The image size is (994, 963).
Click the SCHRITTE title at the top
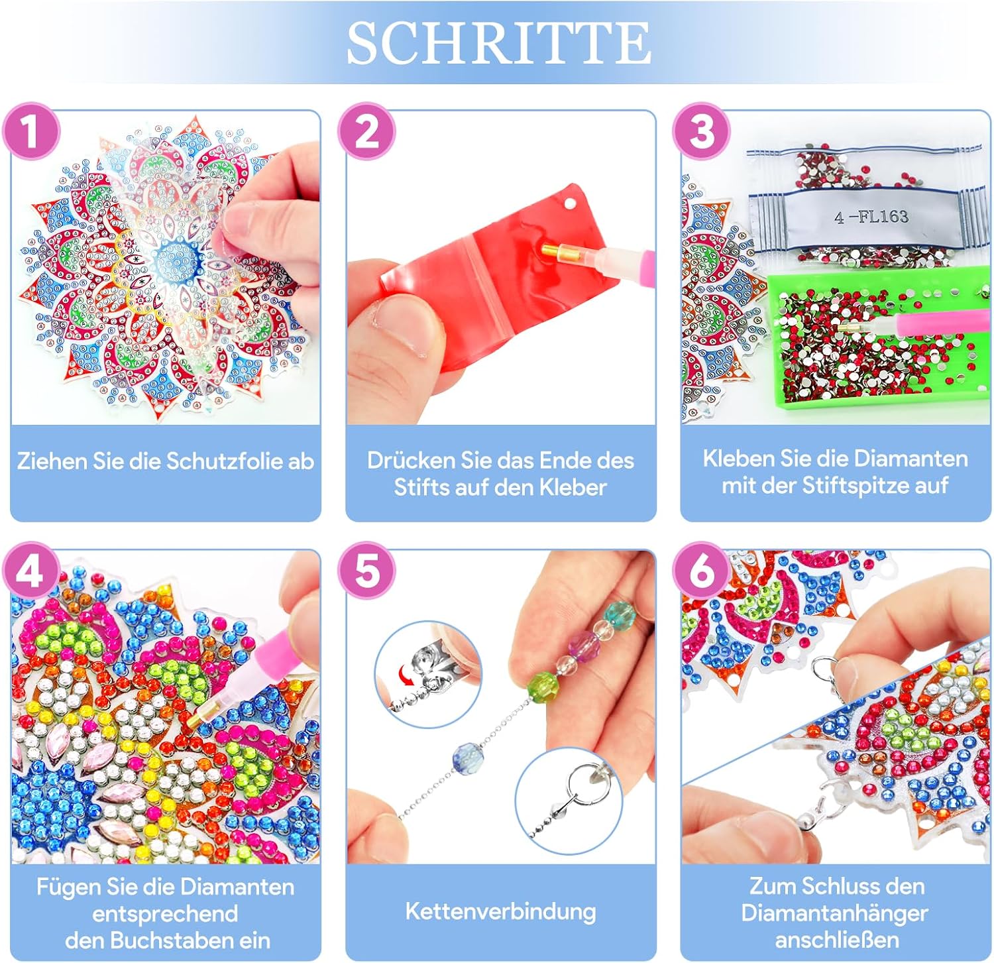pos(498,42)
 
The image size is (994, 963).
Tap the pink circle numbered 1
pos(31,132)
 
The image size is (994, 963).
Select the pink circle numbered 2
pos(366,132)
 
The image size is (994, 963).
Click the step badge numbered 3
pos(702,132)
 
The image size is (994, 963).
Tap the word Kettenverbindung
pos(500,911)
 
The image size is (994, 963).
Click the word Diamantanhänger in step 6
pos(834,913)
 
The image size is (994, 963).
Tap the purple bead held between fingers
pos(583,642)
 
